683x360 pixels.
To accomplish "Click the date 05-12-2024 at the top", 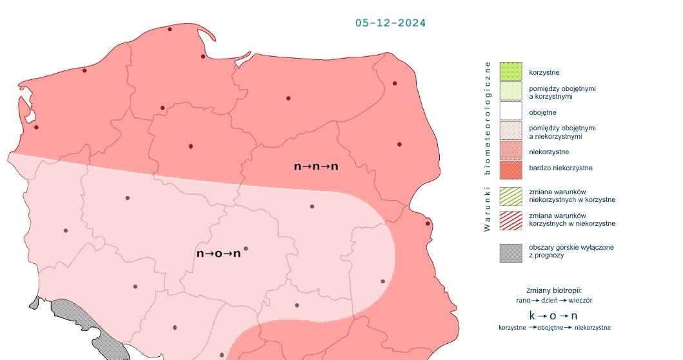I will tap(390, 23).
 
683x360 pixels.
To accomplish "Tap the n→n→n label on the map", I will tap(316, 166).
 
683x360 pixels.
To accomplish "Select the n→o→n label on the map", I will tap(218, 254).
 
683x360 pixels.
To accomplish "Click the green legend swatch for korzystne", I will tap(510, 72).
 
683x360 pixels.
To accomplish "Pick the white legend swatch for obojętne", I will tap(510, 112).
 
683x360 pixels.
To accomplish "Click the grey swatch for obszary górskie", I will tap(510, 252).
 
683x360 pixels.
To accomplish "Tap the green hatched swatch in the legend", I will tap(510, 195).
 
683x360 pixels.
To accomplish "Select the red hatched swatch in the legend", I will tap(510, 219).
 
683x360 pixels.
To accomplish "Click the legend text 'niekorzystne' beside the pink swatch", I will tap(548, 152).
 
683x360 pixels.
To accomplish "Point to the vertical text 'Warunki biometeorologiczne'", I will tap(488, 146).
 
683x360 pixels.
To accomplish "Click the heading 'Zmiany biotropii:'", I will tap(555, 290).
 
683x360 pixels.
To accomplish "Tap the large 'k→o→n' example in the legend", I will tap(553, 315).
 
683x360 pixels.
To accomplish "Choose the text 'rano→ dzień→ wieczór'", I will tap(555, 301).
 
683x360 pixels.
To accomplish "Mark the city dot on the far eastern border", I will tap(428, 224).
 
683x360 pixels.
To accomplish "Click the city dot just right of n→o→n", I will tap(246, 248).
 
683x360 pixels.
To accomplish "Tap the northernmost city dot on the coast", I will tap(170, 29).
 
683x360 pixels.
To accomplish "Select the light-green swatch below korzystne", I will tap(510, 92).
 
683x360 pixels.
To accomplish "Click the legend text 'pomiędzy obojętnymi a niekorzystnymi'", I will tap(562, 132).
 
